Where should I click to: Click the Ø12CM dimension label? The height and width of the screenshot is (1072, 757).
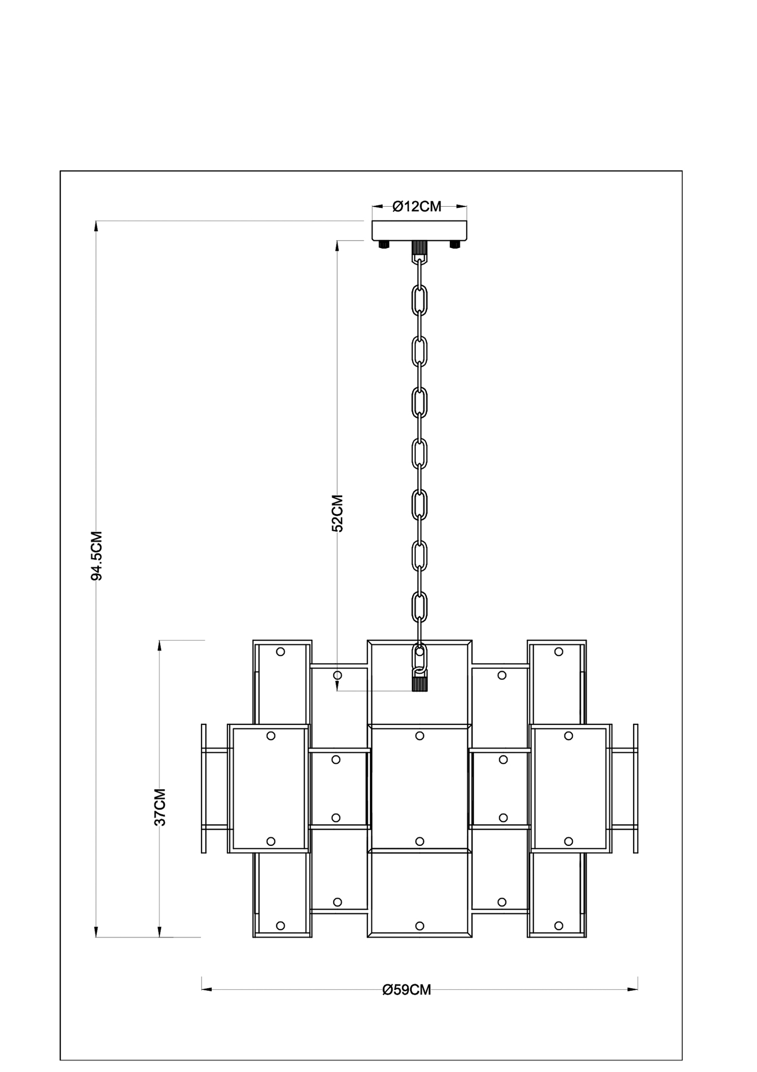pos(417,207)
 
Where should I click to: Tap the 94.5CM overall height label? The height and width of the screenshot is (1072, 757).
pos(97,556)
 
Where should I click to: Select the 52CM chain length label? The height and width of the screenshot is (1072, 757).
pos(337,513)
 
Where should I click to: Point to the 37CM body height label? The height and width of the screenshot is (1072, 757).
pos(160,807)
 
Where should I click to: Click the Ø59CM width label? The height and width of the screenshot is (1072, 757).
pos(406,990)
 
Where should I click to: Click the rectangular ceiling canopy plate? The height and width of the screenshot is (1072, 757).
pos(419,230)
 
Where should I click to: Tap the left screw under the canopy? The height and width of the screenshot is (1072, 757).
pos(384,244)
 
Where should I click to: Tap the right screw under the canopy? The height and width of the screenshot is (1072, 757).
pos(455,244)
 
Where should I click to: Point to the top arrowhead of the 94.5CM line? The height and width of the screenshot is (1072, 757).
pos(96,226)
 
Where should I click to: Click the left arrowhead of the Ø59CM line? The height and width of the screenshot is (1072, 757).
pos(207,989)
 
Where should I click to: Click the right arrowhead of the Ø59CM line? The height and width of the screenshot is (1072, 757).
pos(632,989)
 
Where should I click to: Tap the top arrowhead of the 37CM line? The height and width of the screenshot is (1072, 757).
pos(160,645)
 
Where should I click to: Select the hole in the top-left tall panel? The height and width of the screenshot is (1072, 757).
pos(280,652)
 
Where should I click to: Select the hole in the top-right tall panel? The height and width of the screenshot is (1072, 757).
pos(559,652)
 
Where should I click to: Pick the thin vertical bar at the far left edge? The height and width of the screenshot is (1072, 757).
pos(204,788)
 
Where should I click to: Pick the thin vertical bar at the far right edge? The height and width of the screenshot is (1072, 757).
pos(636,788)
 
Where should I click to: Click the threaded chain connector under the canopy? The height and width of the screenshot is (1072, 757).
pos(419,247)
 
